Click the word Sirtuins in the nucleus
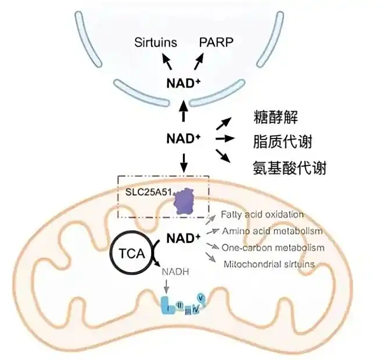155,42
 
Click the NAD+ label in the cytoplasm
184,138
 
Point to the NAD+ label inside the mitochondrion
184,238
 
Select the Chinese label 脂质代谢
283,142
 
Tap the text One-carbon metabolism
273,248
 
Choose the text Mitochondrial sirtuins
270,263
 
